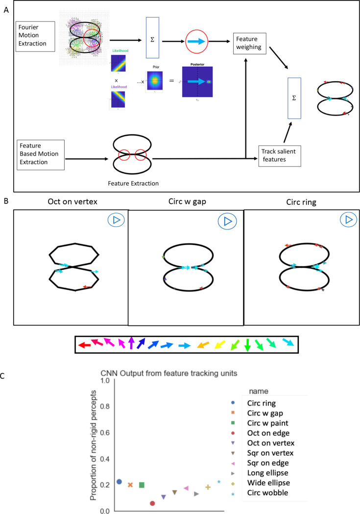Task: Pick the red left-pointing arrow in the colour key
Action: tap(85, 345)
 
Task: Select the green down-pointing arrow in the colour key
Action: tap(247, 345)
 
